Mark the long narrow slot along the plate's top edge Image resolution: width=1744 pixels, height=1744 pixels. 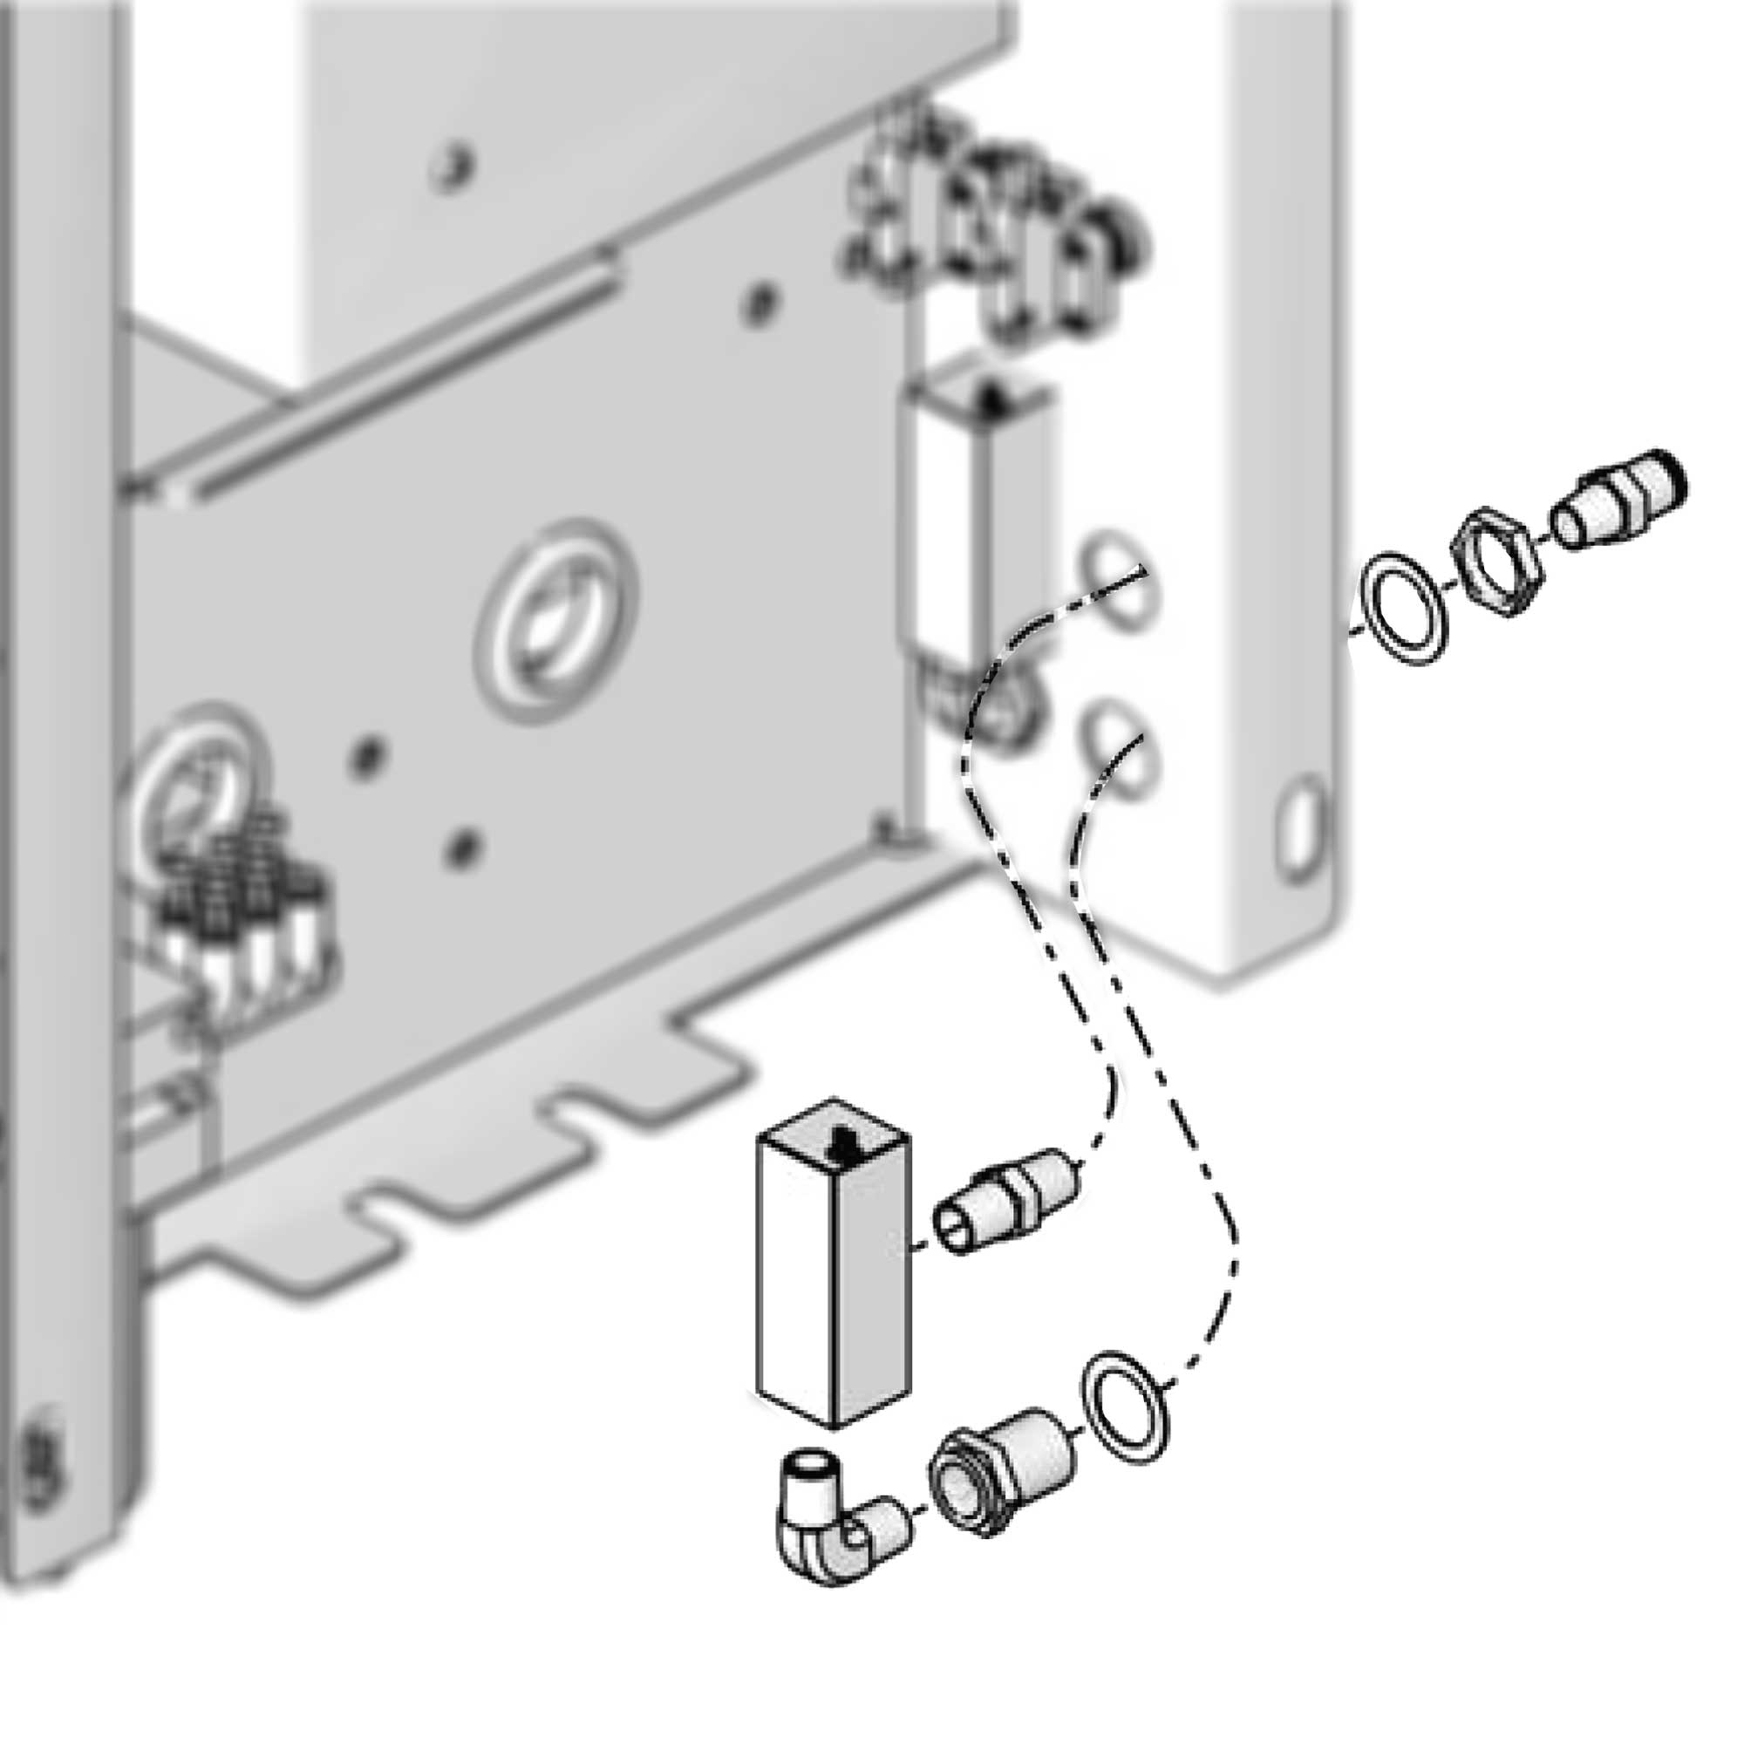click(397, 379)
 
